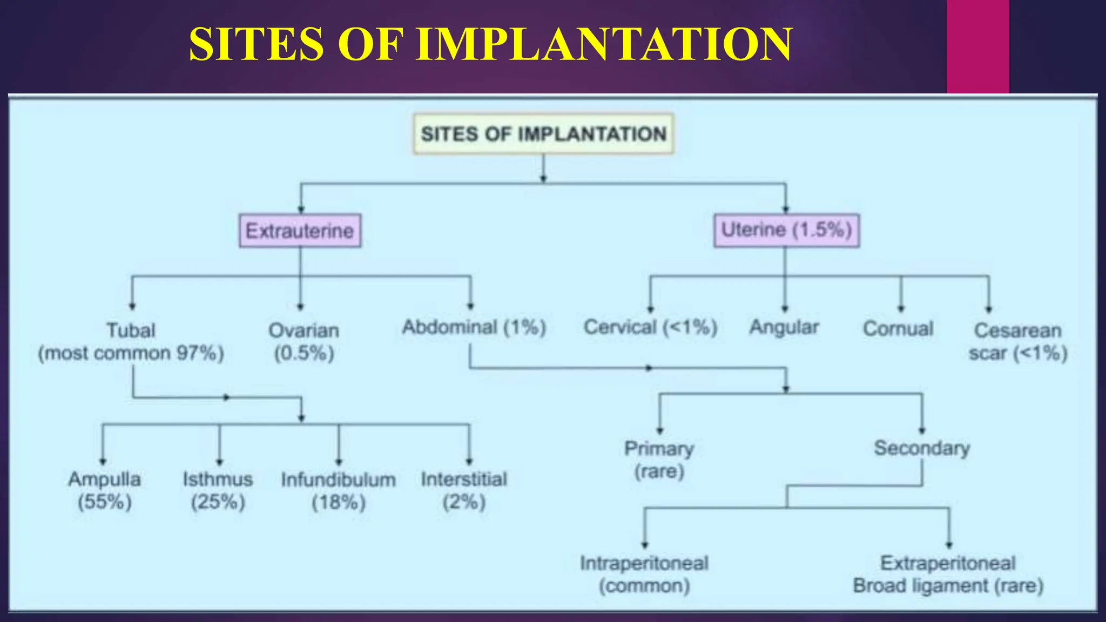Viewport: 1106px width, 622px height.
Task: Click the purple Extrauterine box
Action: pos(300,231)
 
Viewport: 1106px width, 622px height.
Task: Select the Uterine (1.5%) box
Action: pos(786,231)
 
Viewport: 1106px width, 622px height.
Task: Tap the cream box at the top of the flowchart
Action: pos(543,134)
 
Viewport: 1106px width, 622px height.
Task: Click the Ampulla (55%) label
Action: pos(105,490)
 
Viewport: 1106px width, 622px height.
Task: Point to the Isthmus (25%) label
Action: pos(218,490)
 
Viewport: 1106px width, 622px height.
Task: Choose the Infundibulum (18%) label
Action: pos(339,491)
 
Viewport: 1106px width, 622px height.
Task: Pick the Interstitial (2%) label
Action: pos(464,490)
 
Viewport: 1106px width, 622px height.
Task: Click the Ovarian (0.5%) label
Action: pos(304,341)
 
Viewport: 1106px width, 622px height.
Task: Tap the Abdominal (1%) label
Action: pos(474,327)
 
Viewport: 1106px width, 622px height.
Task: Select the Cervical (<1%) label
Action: pos(650,327)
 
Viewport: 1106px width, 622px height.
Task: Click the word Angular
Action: pos(784,327)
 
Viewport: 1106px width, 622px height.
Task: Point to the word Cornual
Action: pos(898,328)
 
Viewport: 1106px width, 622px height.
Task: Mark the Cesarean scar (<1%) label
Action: pos(1018,341)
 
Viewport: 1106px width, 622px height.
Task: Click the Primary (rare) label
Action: pos(659,459)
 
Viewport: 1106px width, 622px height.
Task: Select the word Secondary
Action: pos(922,448)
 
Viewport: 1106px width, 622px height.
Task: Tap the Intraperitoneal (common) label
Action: pos(644,574)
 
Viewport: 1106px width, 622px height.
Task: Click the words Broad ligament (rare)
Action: pos(948,586)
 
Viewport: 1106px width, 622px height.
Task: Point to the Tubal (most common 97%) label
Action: pos(131,341)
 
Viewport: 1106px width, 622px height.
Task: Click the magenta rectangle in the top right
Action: pos(977,46)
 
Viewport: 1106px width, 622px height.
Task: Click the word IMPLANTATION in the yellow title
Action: pos(603,44)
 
